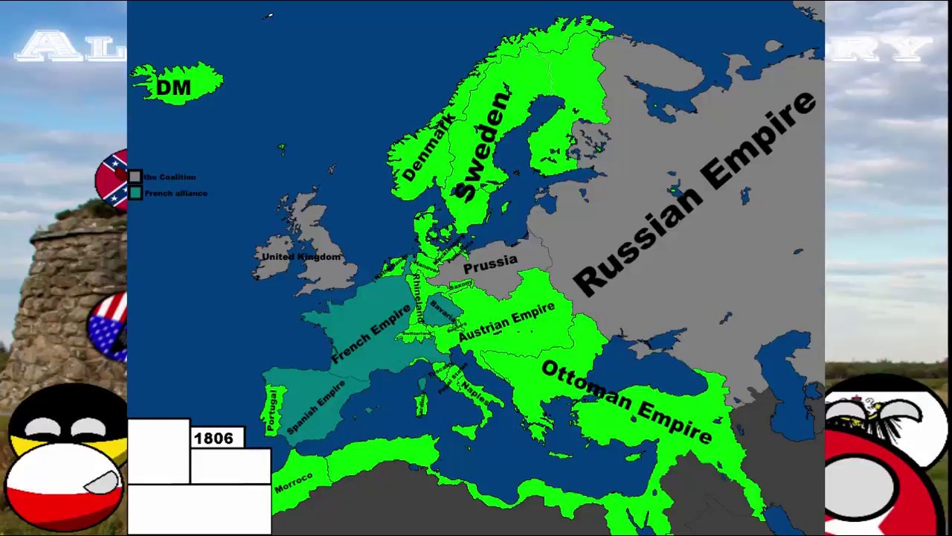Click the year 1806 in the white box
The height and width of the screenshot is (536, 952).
coord(213,438)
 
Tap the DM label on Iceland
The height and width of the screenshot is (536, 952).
coord(174,88)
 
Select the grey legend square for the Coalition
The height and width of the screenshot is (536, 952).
coord(135,177)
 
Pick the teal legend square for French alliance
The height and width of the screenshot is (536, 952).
coord(135,194)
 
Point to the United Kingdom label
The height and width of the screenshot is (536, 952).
coord(301,257)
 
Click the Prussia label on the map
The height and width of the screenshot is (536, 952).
coord(490,264)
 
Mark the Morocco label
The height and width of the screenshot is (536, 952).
coord(294,483)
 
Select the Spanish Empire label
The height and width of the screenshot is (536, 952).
coord(316,408)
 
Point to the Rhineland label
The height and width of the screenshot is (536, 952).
coord(419,298)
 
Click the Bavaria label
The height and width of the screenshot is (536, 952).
coord(441,313)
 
